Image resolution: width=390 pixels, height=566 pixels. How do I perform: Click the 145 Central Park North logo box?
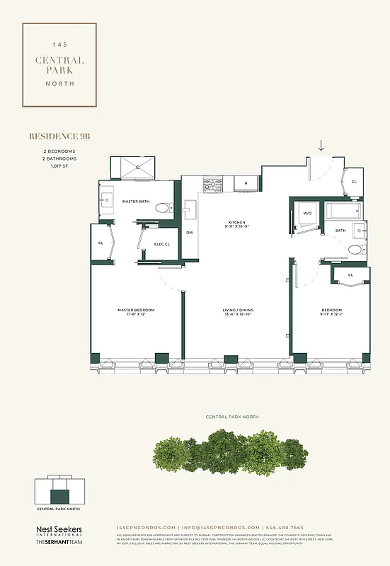pyautogui.click(x=59, y=64)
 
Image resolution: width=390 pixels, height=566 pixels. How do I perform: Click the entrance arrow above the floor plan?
pyautogui.click(x=321, y=145)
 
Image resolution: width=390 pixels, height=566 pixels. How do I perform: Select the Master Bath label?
pyautogui.click(x=136, y=202)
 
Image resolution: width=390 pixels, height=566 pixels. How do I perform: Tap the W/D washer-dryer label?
pyautogui.click(x=307, y=212)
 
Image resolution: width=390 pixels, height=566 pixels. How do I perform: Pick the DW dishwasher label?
pyautogui.click(x=189, y=233)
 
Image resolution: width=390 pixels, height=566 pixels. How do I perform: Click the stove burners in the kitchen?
pyautogui.click(x=213, y=185)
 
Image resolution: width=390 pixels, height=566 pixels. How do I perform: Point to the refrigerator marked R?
pyautogui.click(x=246, y=184)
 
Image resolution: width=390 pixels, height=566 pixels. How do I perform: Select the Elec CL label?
pyautogui.click(x=163, y=245)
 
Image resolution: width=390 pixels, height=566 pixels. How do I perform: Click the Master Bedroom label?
pyautogui.click(x=136, y=312)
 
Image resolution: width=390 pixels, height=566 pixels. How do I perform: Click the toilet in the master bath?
pyautogui.click(x=163, y=208)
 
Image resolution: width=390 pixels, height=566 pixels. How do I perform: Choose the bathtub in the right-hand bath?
pyautogui.click(x=344, y=212)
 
